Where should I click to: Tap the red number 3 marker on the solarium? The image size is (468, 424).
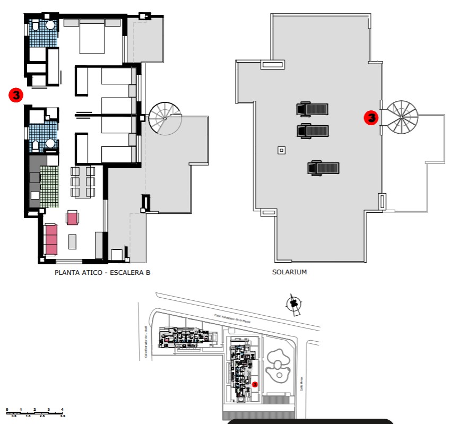[371, 118]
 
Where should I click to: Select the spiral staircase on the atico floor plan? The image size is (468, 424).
[164, 118]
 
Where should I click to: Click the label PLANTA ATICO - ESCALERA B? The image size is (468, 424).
[102, 273]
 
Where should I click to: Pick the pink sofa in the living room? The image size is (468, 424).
[51, 239]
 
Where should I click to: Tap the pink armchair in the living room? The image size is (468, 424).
[72, 217]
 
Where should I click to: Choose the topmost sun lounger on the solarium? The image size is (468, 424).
[313, 109]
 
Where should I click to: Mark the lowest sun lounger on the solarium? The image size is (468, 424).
[323, 168]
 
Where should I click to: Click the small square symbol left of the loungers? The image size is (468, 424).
[281, 151]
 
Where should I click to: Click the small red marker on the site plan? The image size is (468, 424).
[255, 384]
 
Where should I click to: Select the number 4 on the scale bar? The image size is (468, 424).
[62, 409]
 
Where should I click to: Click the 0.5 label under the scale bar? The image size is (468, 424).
[14, 417]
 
